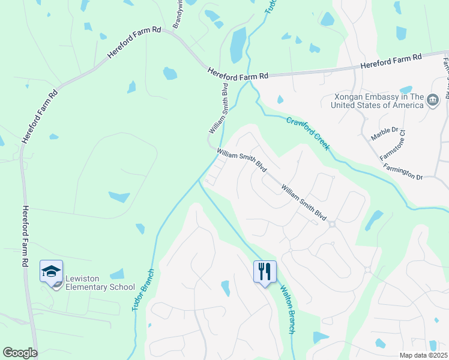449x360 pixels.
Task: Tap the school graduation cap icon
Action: pos(52,272)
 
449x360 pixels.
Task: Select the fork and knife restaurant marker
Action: pos(264,272)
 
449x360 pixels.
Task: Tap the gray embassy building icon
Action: pos(433,101)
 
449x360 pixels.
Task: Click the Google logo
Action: pos(20,353)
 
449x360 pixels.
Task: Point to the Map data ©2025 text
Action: pos(423,355)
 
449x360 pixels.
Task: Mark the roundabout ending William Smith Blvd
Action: pos(331,224)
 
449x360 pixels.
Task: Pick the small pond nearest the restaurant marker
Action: pos(226,289)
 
